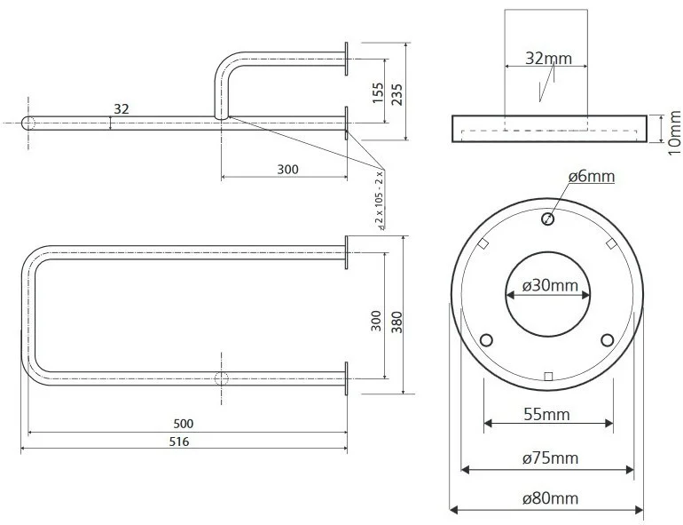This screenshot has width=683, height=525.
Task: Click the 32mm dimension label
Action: pos(548,59)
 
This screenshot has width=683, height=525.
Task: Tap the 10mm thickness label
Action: pos(674,130)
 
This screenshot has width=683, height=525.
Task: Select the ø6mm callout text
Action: pos(591,177)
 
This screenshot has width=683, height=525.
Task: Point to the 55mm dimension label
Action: pos(548,414)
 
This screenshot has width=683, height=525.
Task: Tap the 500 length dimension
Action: pos(184,424)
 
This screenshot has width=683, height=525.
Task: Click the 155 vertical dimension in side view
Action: pos(378,92)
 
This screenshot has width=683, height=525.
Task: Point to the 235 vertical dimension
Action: pos(396,92)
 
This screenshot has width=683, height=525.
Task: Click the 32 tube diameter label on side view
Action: pos(122,108)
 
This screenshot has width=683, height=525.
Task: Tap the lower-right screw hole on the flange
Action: pos(608,339)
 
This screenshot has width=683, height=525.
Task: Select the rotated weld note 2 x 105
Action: pos(380,200)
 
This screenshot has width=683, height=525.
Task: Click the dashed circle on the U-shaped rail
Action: pos(222,378)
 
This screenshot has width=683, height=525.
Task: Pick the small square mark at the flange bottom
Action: pos(548,376)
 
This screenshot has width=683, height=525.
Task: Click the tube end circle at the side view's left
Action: pos(27,123)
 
